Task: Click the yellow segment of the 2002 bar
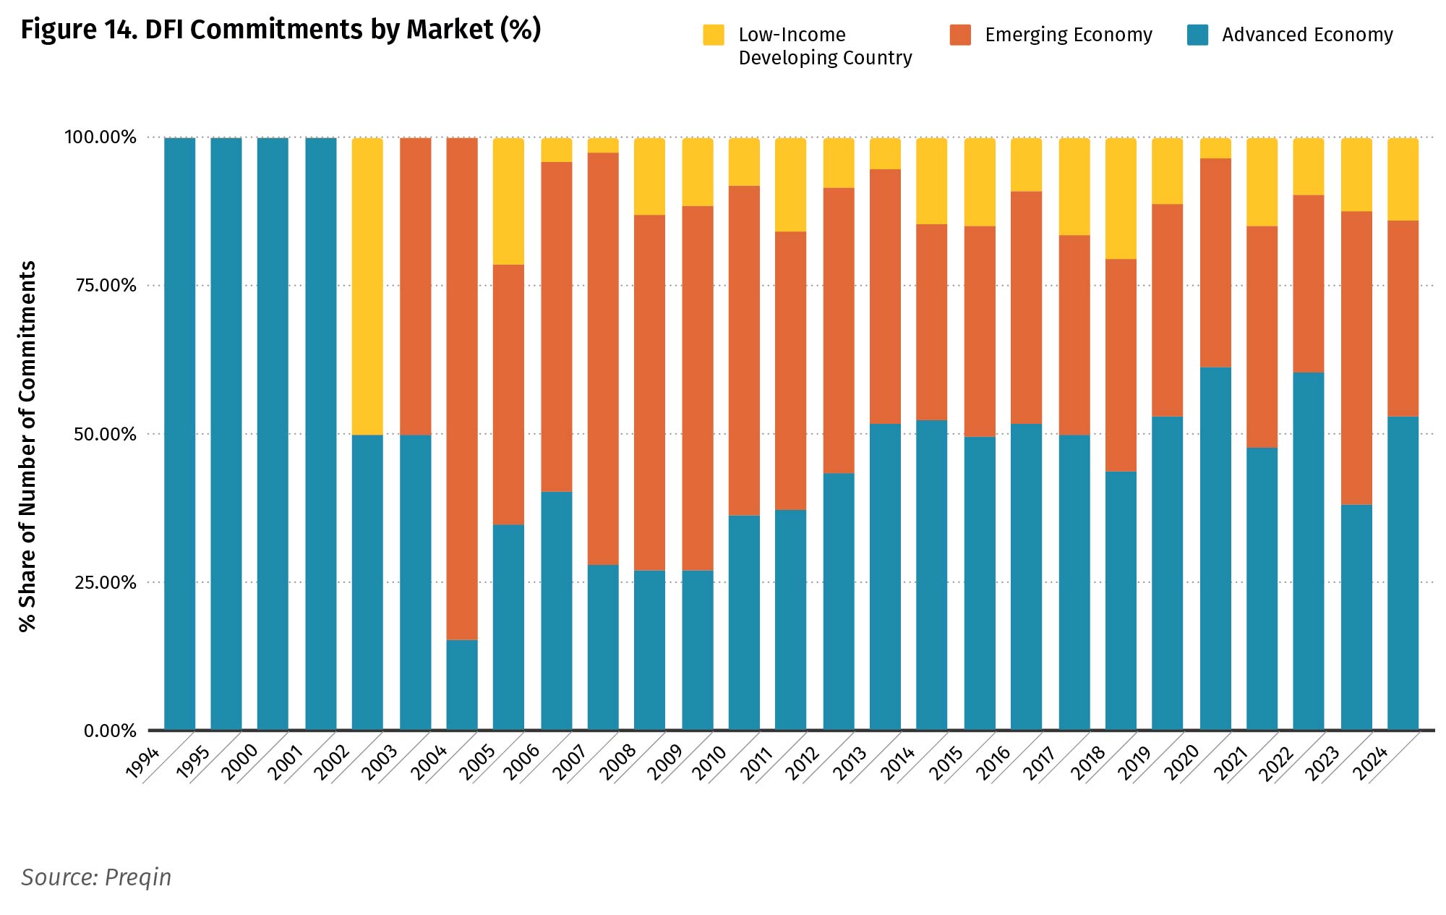[367, 286]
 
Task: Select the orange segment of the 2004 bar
[462, 388]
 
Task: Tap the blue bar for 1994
[179, 433]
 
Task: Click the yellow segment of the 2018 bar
[1121, 198]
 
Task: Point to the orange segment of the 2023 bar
[1356, 357]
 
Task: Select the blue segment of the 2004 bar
[462, 684]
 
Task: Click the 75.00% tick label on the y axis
[106, 286]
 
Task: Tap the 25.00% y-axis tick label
[106, 583]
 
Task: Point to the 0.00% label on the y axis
[110, 731]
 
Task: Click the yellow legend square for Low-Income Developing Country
[714, 35]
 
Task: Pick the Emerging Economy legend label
[1068, 35]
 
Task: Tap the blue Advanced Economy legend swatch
[1197, 35]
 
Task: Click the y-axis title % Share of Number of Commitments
[27, 446]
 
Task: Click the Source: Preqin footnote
[96, 877]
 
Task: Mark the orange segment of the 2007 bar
[603, 358]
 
